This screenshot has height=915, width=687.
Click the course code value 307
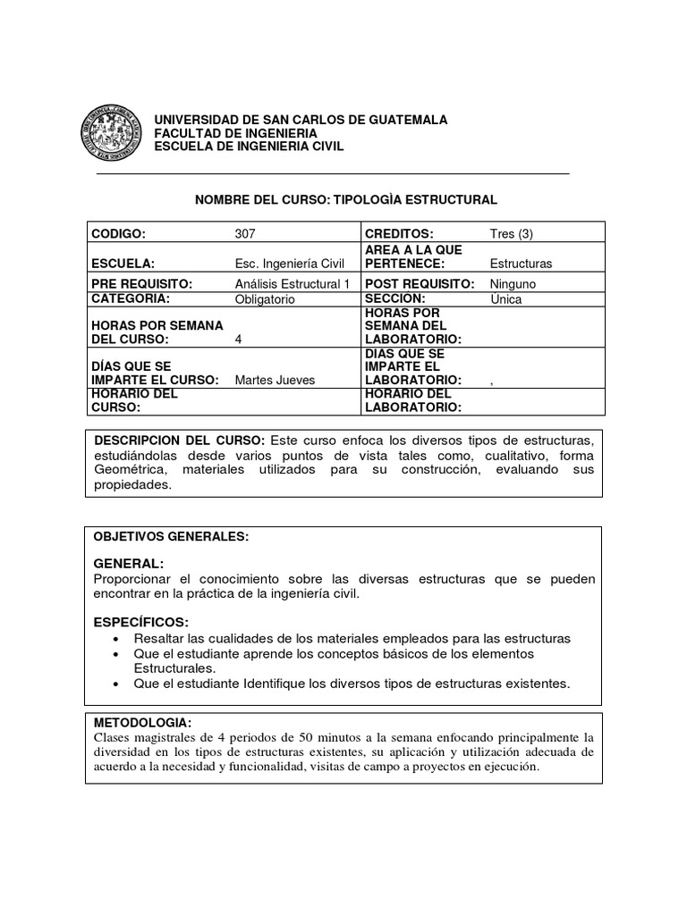coord(245,234)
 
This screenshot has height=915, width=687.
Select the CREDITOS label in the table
coord(400,234)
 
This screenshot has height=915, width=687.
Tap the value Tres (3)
coord(512,234)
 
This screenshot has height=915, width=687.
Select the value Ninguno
coord(513,283)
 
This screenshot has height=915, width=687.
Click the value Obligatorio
coord(264,299)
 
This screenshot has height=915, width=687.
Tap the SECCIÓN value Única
coord(506,299)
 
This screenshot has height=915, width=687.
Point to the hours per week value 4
coord(238,340)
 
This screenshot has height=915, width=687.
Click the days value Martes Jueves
coord(275,380)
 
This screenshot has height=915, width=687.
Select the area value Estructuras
coord(522,264)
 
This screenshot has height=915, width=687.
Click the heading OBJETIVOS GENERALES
coord(171,536)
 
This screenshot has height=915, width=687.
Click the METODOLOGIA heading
coord(142,721)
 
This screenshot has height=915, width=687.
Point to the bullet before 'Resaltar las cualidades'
coord(117,640)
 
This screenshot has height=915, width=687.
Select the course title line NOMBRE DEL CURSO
coord(345,199)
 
